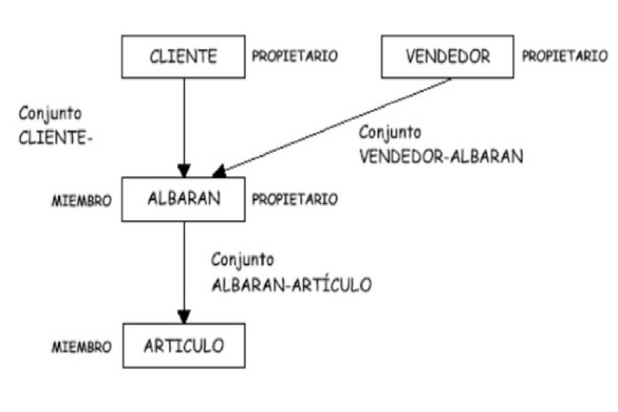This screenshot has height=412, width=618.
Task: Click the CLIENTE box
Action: pos(183,56)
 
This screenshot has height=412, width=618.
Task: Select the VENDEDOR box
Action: pos(447,56)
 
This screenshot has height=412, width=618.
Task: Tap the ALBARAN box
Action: pos(183,199)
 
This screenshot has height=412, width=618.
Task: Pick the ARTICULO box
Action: pos(184,346)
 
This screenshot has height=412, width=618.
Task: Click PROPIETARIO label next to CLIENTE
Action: pos(295,56)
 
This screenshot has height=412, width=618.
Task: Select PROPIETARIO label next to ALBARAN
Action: pos(295,199)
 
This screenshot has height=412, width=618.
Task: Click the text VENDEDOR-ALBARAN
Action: pos(441,157)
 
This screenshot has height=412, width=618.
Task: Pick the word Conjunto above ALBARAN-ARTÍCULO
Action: pos(243,260)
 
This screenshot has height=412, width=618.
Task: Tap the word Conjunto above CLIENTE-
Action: pos(50,114)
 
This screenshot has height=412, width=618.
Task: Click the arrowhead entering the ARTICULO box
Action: pos(184,317)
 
